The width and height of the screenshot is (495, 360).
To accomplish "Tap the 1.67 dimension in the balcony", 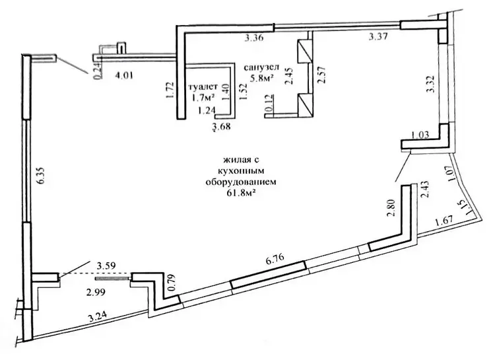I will point(444,220).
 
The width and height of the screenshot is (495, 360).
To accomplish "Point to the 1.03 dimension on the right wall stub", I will point(420,135).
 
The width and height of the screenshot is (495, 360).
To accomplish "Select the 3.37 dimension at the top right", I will point(379,38).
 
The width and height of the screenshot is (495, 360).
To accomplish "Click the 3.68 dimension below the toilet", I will point(221,127).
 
